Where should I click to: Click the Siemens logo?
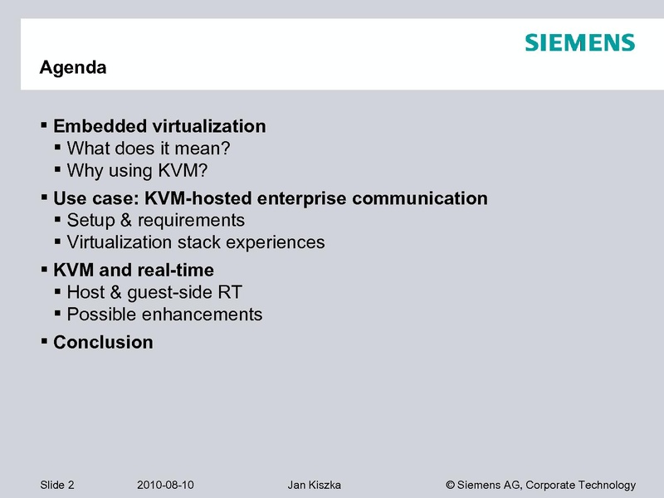[x=579, y=42]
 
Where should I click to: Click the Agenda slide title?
[x=73, y=68]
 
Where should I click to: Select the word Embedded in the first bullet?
[x=100, y=126]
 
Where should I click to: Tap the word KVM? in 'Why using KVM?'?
[x=183, y=171]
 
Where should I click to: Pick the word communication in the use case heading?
[x=420, y=198]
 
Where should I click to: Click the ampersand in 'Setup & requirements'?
[x=126, y=220]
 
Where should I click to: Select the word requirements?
[x=191, y=221]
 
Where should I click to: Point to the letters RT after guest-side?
[x=230, y=292]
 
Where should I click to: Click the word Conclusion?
[x=103, y=342]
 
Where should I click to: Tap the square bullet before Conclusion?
[x=44, y=340]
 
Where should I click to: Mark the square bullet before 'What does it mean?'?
[x=57, y=147]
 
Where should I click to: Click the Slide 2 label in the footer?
[x=57, y=485]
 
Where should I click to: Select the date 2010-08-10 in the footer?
[x=165, y=485]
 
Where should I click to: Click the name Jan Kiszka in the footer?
[x=315, y=485]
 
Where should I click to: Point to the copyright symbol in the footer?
[x=450, y=485]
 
